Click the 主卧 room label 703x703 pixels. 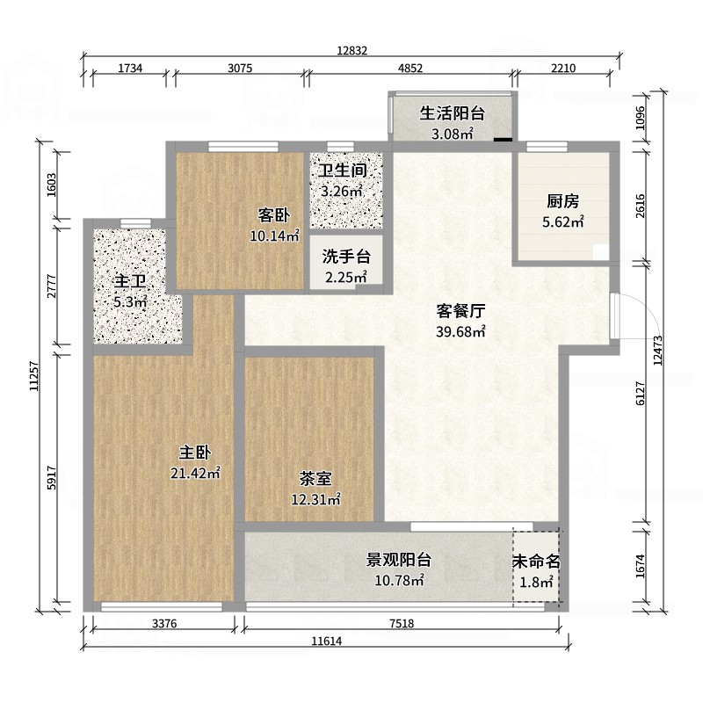click(x=194, y=453)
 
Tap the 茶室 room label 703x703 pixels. click(x=315, y=478)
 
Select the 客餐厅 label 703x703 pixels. click(x=460, y=311)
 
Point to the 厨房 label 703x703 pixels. click(x=562, y=201)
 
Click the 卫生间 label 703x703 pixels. click(x=343, y=170)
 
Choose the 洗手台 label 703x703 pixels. click(x=346, y=257)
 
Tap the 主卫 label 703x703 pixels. click(x=130, y=281)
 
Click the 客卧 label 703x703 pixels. click(x=274, y=215)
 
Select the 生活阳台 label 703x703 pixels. click(x=453, y=113)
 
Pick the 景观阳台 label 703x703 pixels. click(x=399, y=560)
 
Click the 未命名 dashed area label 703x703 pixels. click(x=536, y=562)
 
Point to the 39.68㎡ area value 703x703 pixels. click(x=460, y=332)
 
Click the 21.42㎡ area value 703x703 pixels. click(x=195, y=473)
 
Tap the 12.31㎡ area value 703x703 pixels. click(x=315, y=499)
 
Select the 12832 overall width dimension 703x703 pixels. click(x=352, y=51)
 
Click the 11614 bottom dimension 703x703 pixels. click(x=327, y=641)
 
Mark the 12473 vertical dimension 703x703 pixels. click(x=657, y=351)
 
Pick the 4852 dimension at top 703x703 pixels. click(x=410, y=69)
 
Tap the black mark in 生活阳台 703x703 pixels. click(x=503, y=140)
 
